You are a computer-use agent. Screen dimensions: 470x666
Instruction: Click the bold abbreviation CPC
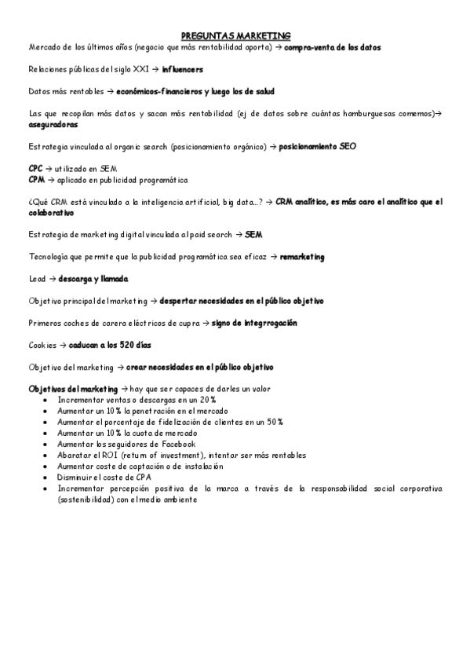tap(35, 168)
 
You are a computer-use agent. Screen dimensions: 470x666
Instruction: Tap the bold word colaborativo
tap(51, 212)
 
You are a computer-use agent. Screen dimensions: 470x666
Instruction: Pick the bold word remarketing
tap(302, 257)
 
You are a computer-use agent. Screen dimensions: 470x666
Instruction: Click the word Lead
tap(37, 279)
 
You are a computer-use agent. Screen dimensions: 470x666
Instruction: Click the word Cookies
tap(42, 345)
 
